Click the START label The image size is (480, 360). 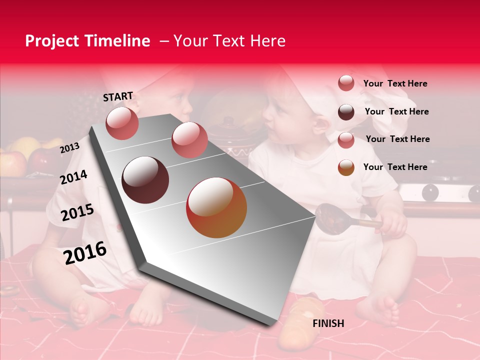[x=118, y=96]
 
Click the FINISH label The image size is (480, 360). [x=328, y=323]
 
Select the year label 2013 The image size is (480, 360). [x=69, y=148]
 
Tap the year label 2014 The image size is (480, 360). [x=73, y=177]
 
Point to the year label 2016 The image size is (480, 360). [x=85, y=253]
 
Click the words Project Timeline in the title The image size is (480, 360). [x=87, y=41]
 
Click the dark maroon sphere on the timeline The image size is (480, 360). [x=145, y=180]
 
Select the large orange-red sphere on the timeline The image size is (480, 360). [x=216, y=207]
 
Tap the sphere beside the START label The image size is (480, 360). [x=122, y=123]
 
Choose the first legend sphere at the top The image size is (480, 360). [x=346, y=83]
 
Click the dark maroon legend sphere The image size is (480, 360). [x=346, y=112]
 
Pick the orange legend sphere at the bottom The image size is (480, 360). [x=346, y=167]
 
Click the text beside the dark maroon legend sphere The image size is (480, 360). [x=396, y=111]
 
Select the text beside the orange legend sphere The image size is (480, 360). [x=395, y=167]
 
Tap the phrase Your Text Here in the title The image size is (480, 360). [x=229, y=41]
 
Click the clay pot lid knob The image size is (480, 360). [x=229, y=121]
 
